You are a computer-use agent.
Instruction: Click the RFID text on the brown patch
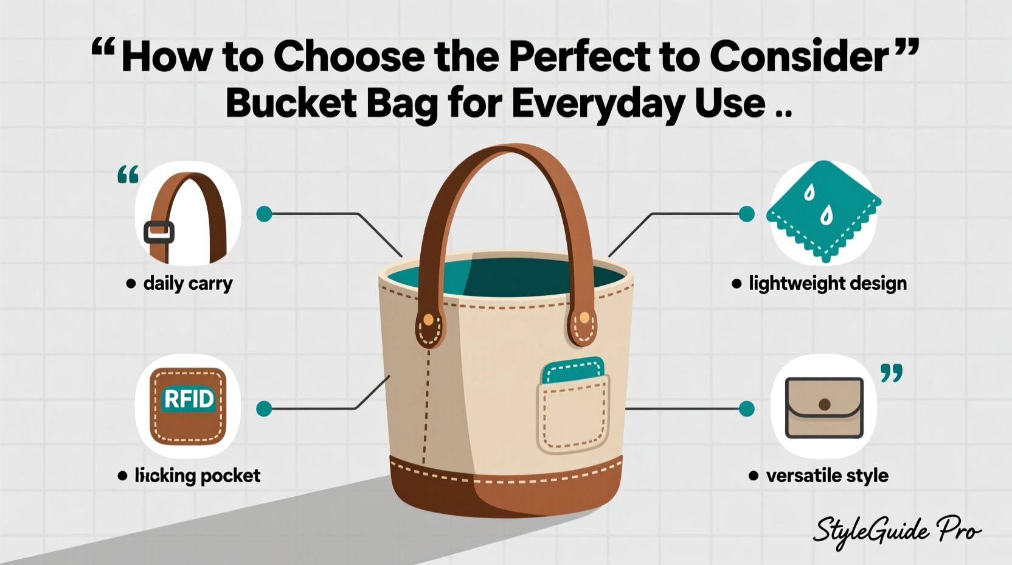pos(189,399)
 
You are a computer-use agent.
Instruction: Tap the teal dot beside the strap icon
pos(264,214)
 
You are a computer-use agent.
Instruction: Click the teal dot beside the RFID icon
pos(264,409)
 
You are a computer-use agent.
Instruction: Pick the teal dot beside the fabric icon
pos(746,214)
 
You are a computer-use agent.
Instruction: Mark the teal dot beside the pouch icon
pos(746,409)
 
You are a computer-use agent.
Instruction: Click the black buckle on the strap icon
pos(159,232)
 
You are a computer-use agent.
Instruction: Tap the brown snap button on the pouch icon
pos(824,404)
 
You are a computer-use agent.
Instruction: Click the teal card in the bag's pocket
pos(574,369)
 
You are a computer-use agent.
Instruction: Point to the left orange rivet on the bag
pos(429,320)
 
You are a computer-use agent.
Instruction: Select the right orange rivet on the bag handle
pos(584,317)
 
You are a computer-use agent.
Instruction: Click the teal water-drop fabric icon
pos(823,210)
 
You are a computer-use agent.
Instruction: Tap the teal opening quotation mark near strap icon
pos(128,175)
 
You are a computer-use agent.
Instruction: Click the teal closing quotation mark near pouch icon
pos(892,373)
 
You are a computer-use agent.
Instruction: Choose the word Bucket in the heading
pos(291,103)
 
